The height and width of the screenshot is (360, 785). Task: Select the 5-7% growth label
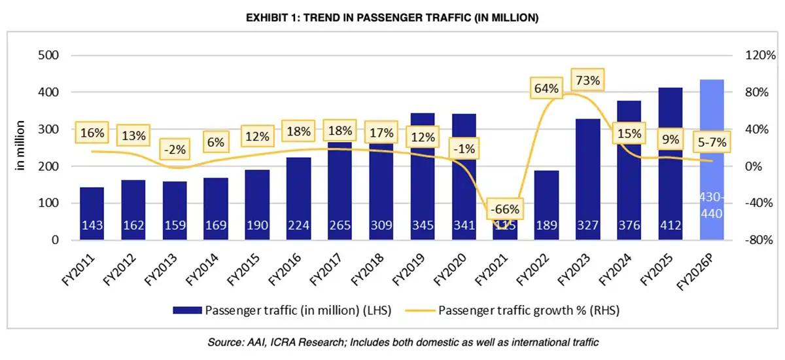(x=711, y=141)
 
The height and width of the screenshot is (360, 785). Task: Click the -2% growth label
(x=175, y=149)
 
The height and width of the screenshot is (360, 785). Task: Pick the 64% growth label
(x=546, y=88)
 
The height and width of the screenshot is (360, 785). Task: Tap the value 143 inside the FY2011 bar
(x=92, y=226)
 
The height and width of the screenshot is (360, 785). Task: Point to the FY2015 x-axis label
(x=242, y=276)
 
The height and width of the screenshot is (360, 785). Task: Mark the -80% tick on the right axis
(x=759, y=240)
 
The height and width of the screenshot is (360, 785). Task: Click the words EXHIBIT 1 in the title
(x=273, y=18)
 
